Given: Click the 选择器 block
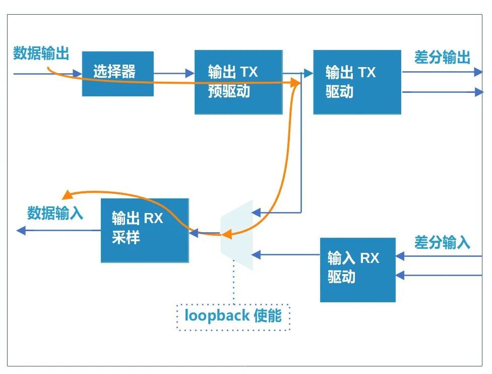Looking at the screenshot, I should (x=117, y=74).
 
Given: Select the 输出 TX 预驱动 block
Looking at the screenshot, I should (x=238, y=82).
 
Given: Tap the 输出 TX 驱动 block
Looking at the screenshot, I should (x=357, y=82).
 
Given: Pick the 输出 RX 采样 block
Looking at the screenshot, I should (x=145, y=230).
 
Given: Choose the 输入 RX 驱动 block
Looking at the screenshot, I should (x=357, y=270).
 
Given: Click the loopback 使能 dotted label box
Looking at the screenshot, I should (x=233, y=317).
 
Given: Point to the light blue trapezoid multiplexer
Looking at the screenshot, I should (x=236, y=235).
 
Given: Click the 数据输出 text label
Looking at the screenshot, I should (x=41, y=53).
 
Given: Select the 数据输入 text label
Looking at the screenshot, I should (x=55, y=213).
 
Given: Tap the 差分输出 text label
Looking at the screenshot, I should (x=442, y=58).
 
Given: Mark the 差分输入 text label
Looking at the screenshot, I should (x=442, y=243).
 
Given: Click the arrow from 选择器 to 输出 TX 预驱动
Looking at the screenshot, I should (x=174, y=74).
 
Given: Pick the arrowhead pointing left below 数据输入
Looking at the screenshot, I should (x=21, y=231).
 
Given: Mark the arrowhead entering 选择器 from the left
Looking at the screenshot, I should (x=77, y=74).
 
